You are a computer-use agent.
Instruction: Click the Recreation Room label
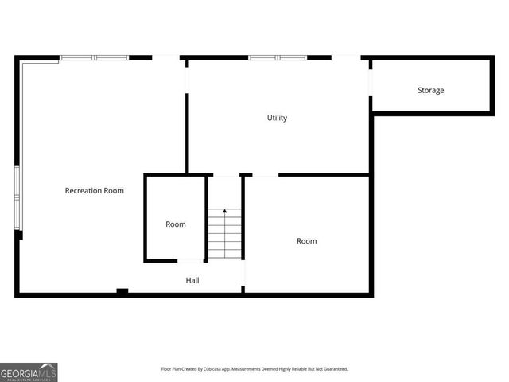[94, 191]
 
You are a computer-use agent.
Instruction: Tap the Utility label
[277, 118]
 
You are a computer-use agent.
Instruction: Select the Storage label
[430, 90]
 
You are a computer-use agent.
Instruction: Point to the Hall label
[192, 280]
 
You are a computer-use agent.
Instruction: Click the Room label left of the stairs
[176, 224]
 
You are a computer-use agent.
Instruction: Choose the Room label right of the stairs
[306, 241]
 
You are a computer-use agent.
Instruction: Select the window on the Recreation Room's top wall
[95, 57]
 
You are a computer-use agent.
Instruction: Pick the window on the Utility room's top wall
[277, 57]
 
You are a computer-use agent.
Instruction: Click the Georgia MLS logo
[29, 372]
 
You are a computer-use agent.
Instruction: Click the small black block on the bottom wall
[122, 291]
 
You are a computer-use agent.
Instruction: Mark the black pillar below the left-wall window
[19, 235]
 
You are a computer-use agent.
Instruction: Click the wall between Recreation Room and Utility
[187, 131]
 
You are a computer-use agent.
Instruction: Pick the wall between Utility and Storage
[371, 135]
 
